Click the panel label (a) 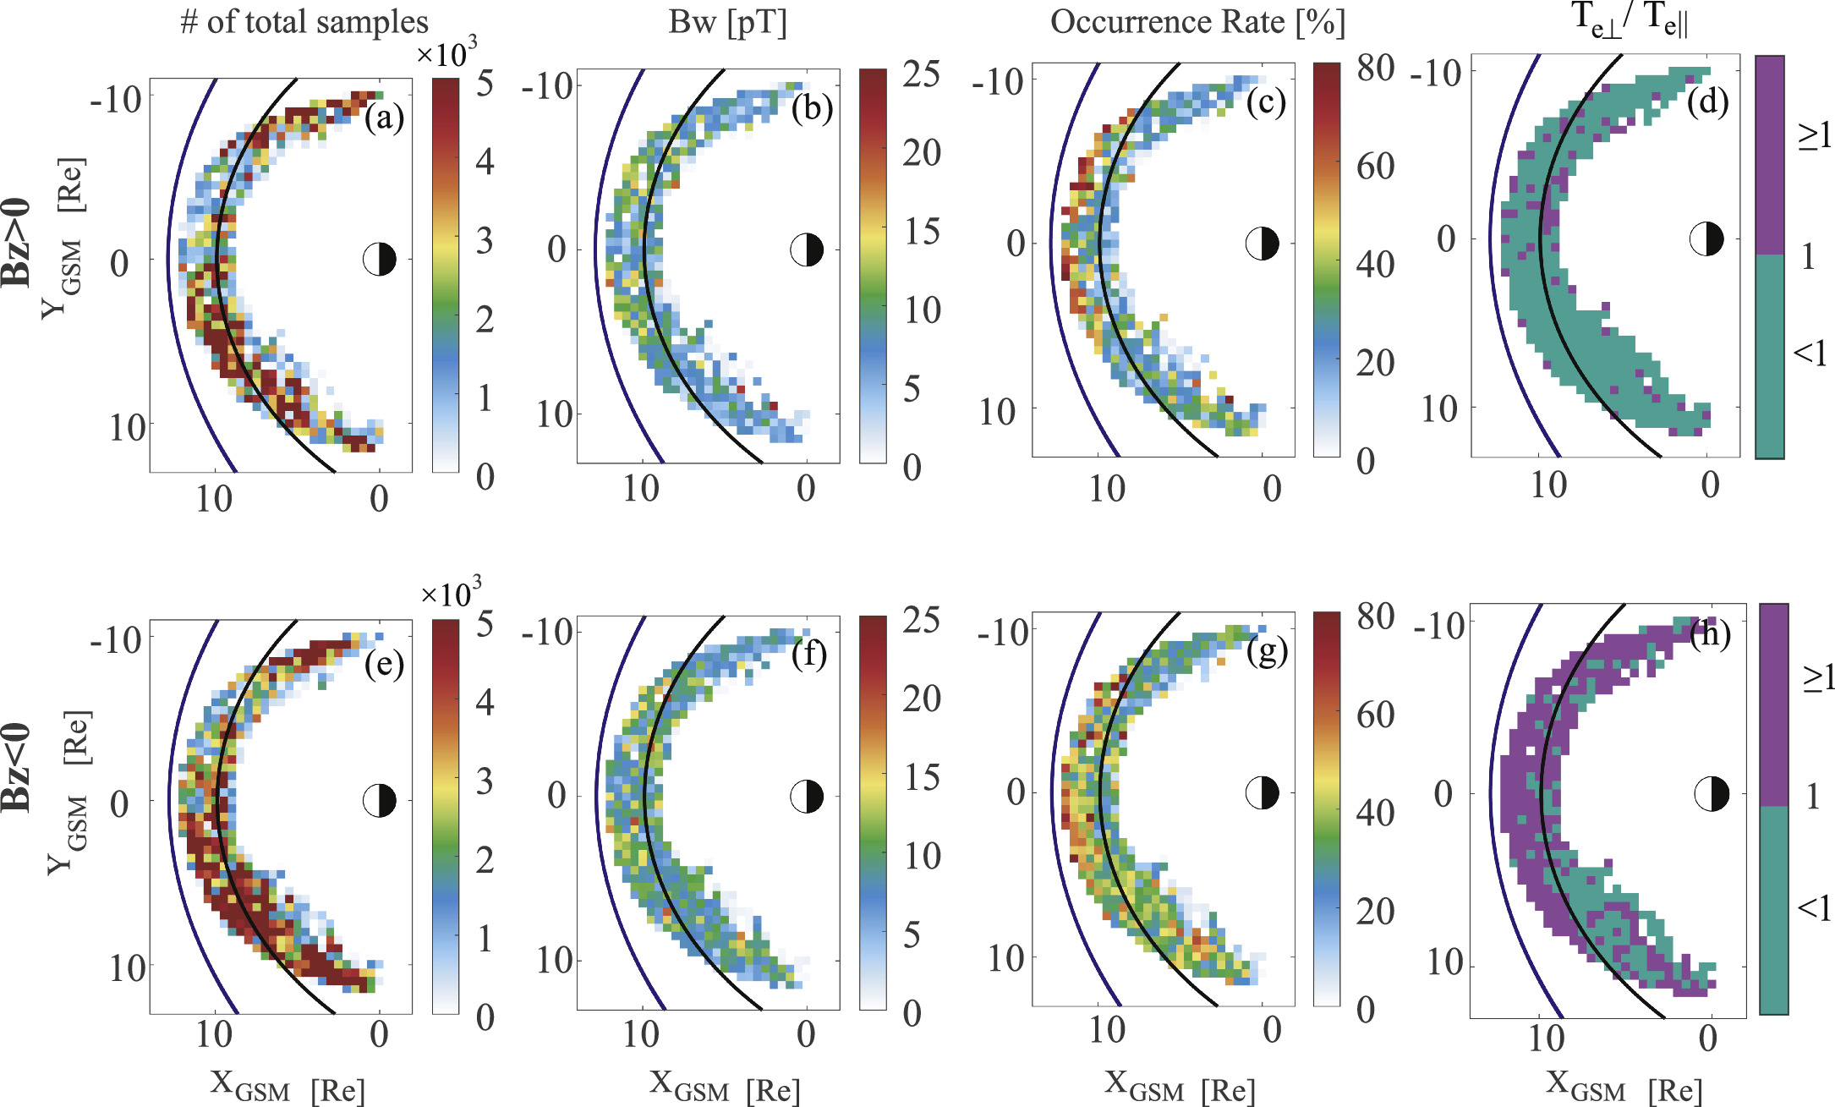384,118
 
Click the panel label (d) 1706,101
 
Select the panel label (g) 1266,651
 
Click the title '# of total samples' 304,22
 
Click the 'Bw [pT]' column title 727,22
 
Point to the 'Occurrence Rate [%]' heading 1197,22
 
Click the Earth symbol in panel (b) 806,249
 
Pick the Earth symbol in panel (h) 1712,793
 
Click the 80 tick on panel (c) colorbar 1375,68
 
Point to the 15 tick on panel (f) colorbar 922,777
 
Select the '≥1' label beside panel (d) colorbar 1814,134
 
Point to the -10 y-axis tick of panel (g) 1003,632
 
